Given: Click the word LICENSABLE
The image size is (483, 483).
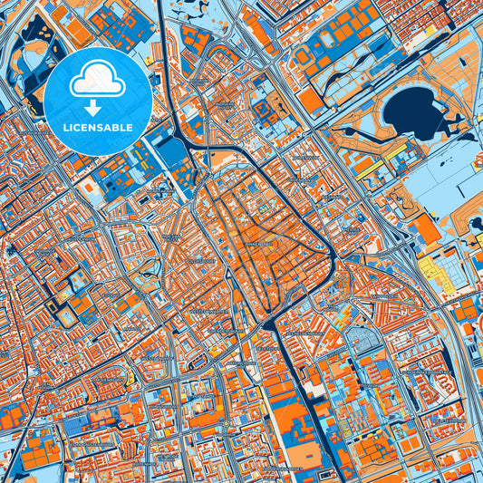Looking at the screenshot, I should [97, 126].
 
